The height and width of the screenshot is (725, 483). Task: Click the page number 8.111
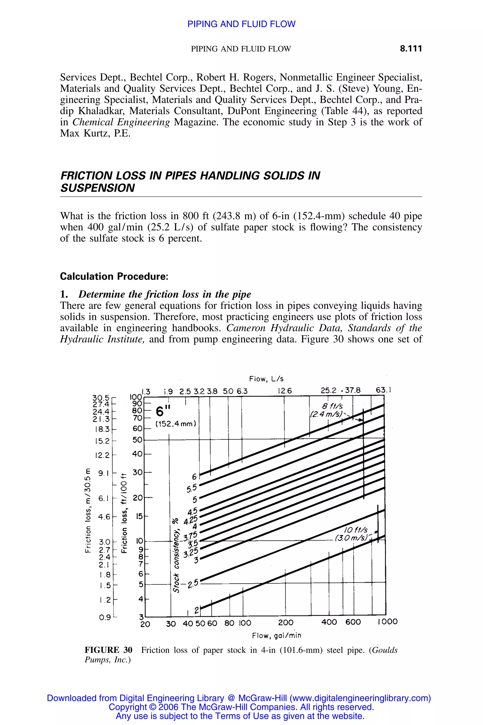(x=411, y=49)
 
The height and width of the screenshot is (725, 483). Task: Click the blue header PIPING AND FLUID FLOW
(x=241, y=24)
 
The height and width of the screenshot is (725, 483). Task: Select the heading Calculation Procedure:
(x=114, y=276)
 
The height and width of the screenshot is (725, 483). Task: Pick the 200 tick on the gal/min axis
(x=286, y=622)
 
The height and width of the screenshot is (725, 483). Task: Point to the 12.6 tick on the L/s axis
(x=284, y=391)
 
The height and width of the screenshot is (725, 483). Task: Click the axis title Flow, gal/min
(x=276, y=635)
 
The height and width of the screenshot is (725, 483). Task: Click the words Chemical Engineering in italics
(x=121, y=122)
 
